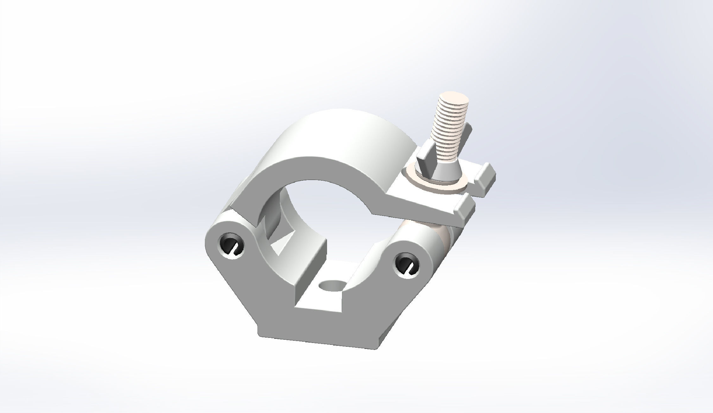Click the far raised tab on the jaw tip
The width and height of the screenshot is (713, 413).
click(x=486, y=179)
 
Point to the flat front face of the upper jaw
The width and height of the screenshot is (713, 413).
click(x=317, y=168)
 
